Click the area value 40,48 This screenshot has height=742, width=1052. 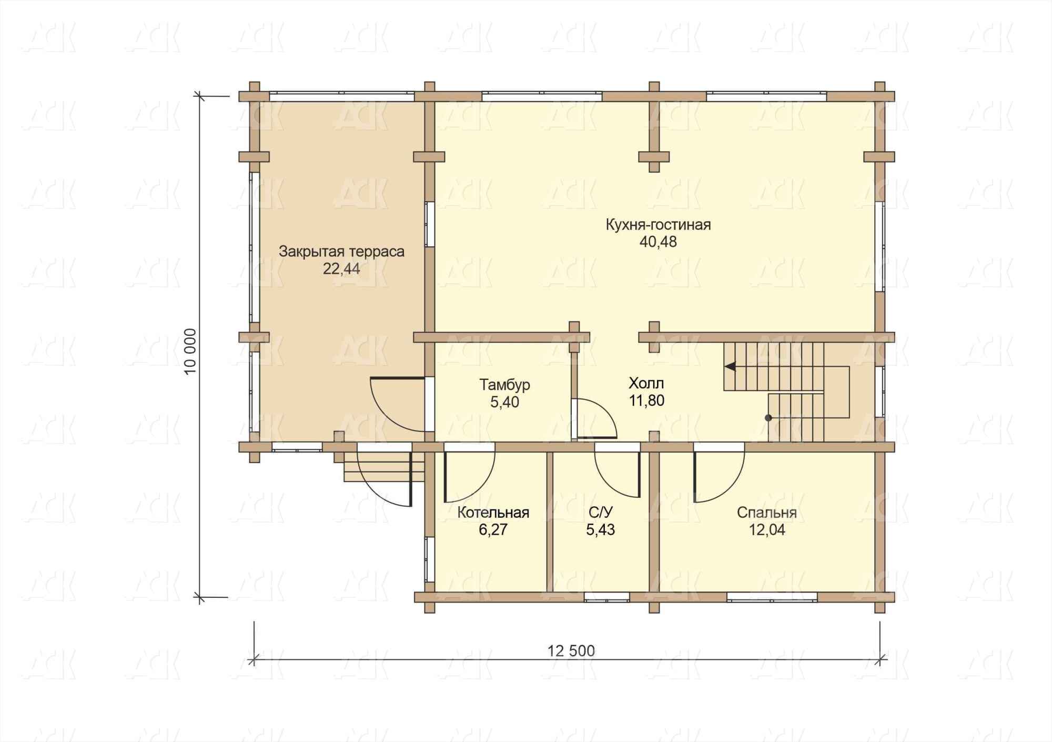point(658,242)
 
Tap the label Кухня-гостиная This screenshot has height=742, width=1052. point(658,225)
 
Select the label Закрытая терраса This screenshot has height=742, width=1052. point(341,252)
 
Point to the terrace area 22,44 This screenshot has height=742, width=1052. point(341,269)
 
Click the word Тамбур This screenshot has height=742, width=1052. point(504,385)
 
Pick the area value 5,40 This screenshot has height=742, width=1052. point(504,403)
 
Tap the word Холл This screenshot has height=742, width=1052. point(646,383)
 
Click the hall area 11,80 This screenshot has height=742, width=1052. point(646,400)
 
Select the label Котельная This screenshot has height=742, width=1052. point(493,513)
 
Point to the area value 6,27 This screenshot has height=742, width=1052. point(493,530)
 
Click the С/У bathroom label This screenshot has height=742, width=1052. point(601,513)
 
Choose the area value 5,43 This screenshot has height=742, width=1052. point(601,530)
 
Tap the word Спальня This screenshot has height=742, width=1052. point(766,513)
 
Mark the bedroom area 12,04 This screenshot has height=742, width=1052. point(766,530)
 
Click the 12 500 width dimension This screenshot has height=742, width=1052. point(571,651)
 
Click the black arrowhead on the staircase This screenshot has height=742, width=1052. point(730,366)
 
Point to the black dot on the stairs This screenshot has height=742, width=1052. point(768,418)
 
